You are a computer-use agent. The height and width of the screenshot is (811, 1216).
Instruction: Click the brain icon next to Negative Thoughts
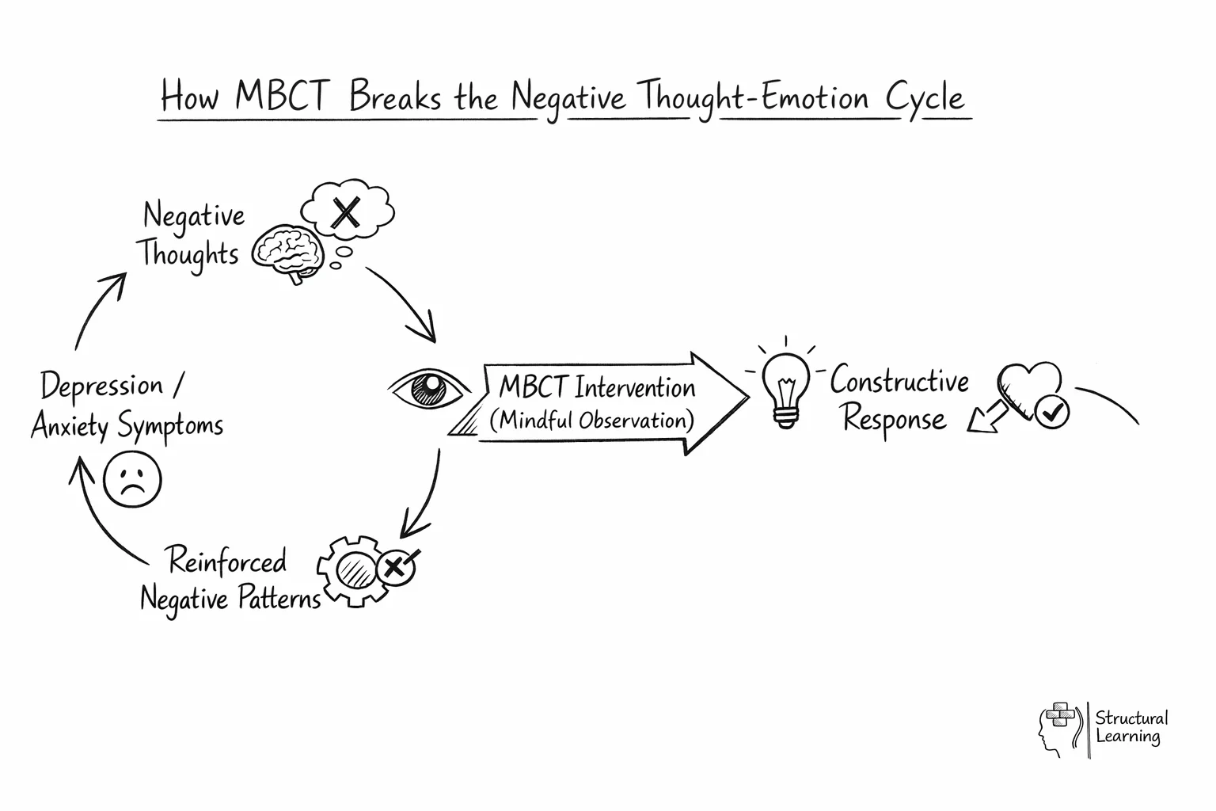(x=289, y=251)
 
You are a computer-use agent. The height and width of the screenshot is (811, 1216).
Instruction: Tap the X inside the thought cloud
(x=345, y=212)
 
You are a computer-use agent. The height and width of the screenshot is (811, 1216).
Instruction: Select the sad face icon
(x=132, y=479)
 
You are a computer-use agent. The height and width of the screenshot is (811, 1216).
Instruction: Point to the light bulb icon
(x=785, y=388)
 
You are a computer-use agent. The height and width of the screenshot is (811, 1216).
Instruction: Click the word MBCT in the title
(x=281, y=97)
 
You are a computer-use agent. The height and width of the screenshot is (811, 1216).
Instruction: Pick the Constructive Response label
(x=898, y=400)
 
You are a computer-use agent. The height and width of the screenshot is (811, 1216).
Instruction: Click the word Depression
(x=101, y=386)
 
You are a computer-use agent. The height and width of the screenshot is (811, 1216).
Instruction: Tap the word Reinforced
(x=227, y=561)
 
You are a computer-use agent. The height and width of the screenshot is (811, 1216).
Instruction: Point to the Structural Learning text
(x=1130, y=727)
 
